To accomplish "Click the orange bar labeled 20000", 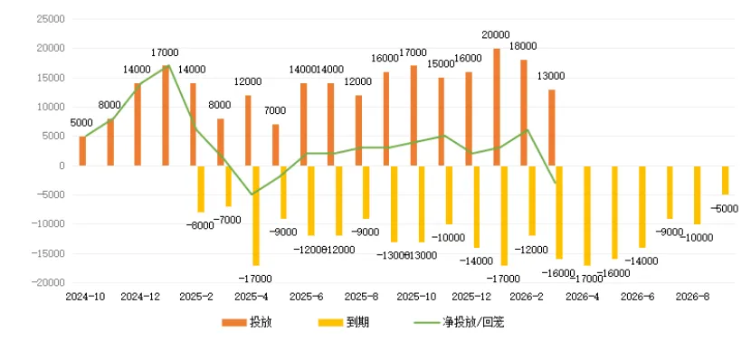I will [497, 107].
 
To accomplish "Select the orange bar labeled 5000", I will [82, 151].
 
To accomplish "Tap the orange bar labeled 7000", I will [276, 145].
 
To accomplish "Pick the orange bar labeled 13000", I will [552, 128].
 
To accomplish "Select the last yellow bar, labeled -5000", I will [726, 180].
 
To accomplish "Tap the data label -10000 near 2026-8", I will [696, 238].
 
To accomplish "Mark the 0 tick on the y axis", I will [62, 166].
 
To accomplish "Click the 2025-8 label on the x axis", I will [362, 296].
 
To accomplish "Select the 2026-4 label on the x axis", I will [583, 296].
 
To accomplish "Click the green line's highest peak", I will [166, 66].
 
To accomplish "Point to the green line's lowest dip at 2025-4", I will [253, 194].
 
